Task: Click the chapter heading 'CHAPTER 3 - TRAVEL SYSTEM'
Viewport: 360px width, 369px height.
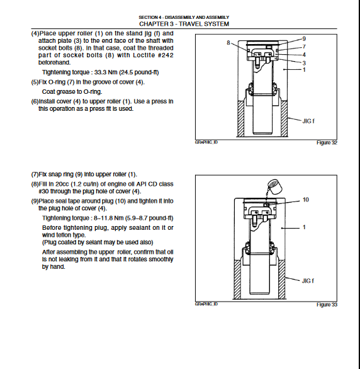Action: (184, 24)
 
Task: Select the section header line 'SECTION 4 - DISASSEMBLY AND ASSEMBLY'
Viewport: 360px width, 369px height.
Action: (184, 18)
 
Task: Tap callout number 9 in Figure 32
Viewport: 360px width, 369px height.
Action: (304, 39)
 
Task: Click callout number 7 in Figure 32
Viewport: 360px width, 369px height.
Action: (304, 47)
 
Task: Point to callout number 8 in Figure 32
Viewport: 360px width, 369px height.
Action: (228, 43)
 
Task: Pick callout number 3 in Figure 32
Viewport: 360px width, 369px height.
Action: (304, 63)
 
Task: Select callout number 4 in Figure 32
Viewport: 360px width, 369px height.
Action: (304, 55)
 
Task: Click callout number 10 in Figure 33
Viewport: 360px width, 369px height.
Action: (305, 200)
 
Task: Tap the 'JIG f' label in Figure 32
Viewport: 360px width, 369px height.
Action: (308, 121)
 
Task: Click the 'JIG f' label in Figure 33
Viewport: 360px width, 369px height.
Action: (308, 281)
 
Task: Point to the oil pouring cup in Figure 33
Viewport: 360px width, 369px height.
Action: (275, 186)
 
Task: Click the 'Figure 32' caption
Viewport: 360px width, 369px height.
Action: (327, 142)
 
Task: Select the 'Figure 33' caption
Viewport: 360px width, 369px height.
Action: (327, 305)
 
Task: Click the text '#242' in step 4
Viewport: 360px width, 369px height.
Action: (166, 55)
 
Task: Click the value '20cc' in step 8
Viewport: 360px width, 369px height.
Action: (62, 184)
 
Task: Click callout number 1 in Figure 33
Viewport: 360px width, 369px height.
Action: (304, 227)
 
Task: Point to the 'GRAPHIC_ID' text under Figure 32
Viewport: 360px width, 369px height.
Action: (206, 142)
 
